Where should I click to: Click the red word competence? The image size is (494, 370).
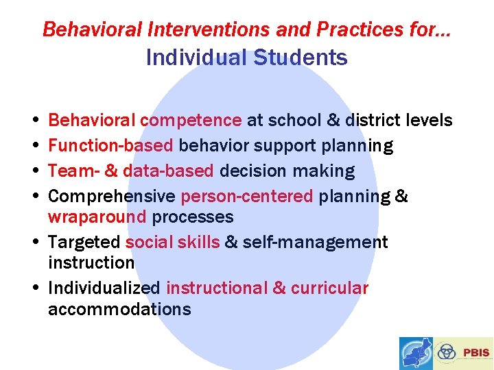[190, 121]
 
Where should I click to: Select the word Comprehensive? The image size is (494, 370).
[111, 197]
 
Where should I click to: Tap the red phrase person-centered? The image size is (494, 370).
[246, 197]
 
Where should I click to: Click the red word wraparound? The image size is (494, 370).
[97, 217]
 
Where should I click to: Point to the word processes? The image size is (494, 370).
[193, 217]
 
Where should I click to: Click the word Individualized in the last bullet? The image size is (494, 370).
[104, 288]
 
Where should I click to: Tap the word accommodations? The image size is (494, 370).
[119, 309]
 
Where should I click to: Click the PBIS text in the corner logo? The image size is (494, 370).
[476, 353]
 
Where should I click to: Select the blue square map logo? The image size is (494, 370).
[416, 354]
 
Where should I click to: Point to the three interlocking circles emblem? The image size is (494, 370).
[447, 352]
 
